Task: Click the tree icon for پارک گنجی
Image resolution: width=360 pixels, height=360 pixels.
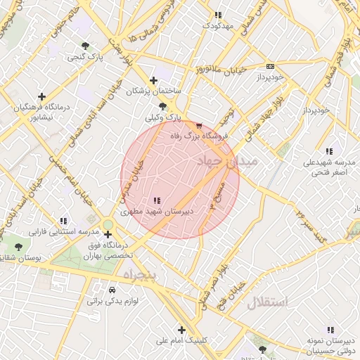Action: [x=86, y=46]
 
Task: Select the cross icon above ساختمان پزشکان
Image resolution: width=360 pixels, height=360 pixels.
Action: [x=154, y=81]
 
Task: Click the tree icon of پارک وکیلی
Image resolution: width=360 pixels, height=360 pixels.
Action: [x=162, y=107]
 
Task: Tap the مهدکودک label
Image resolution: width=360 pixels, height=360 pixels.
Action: [x=217, y=25]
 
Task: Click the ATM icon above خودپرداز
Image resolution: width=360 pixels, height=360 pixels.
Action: [x=270, y=65]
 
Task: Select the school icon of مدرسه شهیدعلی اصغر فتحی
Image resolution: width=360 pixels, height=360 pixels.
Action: [x=329, y=151]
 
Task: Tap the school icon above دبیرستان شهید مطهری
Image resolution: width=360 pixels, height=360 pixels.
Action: [x=156, y=200]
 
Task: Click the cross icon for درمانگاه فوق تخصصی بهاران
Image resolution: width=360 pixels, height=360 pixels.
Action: [x=108, y=235]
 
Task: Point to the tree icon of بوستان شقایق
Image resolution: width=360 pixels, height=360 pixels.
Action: [x=18, y=247]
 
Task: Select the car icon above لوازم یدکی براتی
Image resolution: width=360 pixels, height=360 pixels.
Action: [x=112, y=290]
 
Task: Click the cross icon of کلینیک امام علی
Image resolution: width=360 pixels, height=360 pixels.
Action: [x=181, y=330]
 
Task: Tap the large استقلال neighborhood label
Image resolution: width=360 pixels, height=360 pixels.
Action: [x=267, y=303]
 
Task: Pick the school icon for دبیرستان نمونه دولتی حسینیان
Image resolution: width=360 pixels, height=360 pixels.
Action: [x=329, y=330]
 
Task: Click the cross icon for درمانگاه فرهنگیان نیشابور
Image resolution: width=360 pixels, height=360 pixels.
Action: [x=41, y=96]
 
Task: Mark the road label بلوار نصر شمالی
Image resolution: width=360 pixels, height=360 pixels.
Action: [x=215, y=278]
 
